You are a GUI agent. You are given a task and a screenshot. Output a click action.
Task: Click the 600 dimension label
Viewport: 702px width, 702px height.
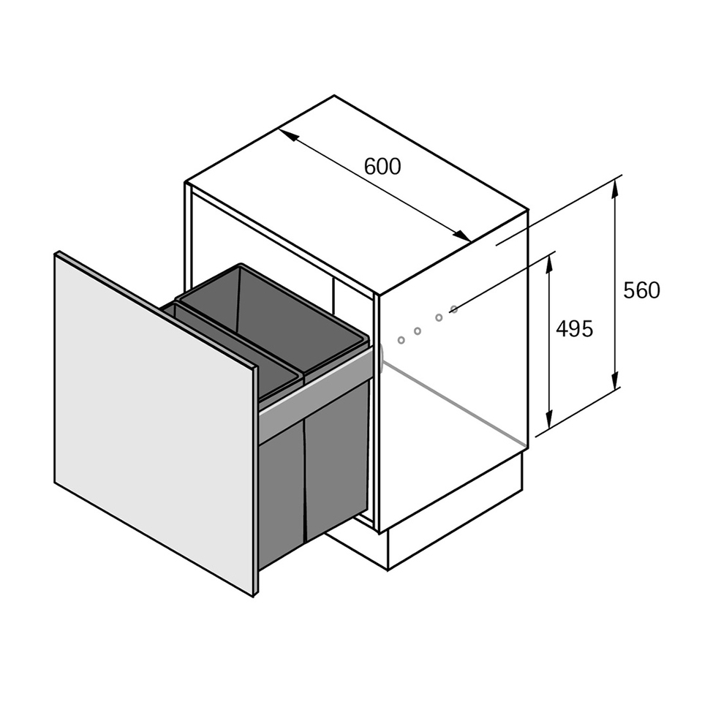pos(382,167)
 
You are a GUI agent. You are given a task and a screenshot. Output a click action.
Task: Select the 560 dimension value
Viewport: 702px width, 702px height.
pos(641,290)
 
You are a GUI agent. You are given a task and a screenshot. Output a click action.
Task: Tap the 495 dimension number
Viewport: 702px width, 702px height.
pos(575,329)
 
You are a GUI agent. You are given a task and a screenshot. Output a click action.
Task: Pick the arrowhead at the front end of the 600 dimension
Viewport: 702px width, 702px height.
pos(461,235)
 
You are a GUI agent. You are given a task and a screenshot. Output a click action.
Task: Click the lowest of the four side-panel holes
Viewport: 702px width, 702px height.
pos(401,340)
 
